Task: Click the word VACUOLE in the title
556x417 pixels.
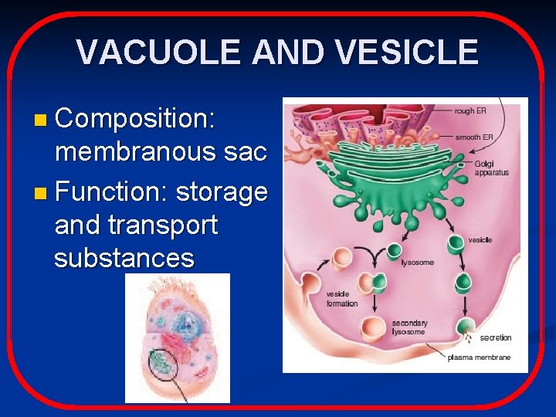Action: pos(159,53)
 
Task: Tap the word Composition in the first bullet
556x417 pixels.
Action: pos(135,118)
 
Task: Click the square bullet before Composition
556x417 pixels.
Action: pos(40,120)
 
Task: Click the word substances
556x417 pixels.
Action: pos(124,258)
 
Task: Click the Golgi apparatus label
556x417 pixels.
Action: pos(491,168)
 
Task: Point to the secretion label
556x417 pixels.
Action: pos(495,337)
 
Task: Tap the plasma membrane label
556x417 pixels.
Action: pos(479,358)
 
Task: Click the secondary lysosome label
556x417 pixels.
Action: pos(409,327)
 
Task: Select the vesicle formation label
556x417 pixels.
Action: pos(341,299)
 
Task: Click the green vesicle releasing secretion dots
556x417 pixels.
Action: pos(465,328)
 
